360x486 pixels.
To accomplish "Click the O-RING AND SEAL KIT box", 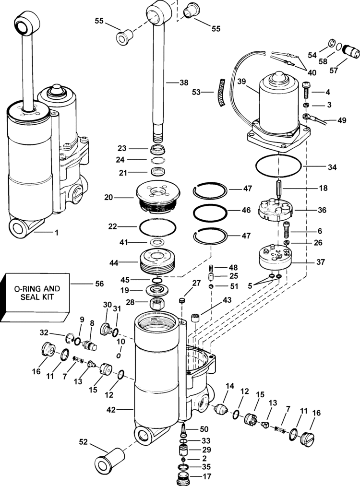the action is coord(35,297).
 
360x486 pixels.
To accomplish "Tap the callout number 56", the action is coord(99,284).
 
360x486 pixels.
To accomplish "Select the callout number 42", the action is coord(111,410).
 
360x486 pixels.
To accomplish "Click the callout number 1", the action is coord(57,233).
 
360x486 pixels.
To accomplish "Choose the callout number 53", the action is coord(196,92).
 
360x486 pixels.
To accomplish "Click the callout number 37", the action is coord(320,262).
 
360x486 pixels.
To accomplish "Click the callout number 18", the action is coord(323,188).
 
